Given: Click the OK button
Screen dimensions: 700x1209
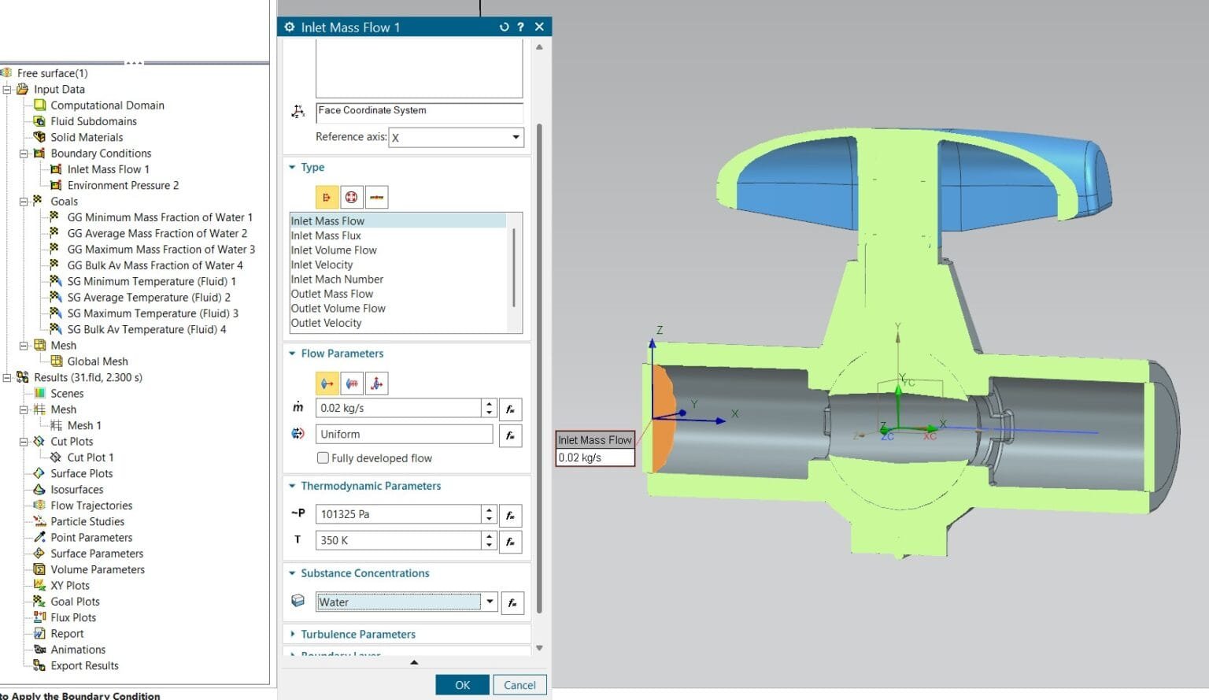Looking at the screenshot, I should [x=462, y=685].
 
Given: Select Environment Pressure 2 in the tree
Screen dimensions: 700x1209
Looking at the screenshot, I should [x=122, y=185].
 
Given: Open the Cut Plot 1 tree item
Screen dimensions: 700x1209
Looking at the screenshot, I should [x=90, y=457].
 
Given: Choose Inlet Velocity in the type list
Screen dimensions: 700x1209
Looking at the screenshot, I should [x=322, y=265].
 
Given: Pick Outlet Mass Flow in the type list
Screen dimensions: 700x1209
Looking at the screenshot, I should [x=332, y=294].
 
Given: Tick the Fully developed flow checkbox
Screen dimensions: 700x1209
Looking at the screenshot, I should [x=323, y=458].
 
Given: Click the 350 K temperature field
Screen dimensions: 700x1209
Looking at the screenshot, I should [x=397, y=540].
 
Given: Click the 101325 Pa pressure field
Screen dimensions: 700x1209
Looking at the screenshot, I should [x=397, y=514].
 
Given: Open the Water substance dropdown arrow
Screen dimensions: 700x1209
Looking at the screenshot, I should [x=490, y=602].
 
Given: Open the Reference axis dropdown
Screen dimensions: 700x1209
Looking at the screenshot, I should [x=516, y=137].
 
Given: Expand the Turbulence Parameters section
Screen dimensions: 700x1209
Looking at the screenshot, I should [x=357, y=634].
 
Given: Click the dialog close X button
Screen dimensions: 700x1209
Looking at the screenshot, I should [x=539, y=27].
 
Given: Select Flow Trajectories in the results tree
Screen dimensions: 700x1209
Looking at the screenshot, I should [x=91, y=506].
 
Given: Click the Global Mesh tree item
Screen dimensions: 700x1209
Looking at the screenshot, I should [x=97, y=361].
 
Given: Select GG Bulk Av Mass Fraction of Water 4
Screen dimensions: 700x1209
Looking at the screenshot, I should [x=154, y=265].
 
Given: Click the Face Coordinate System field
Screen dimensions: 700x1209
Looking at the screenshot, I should [x=419, y=111].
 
